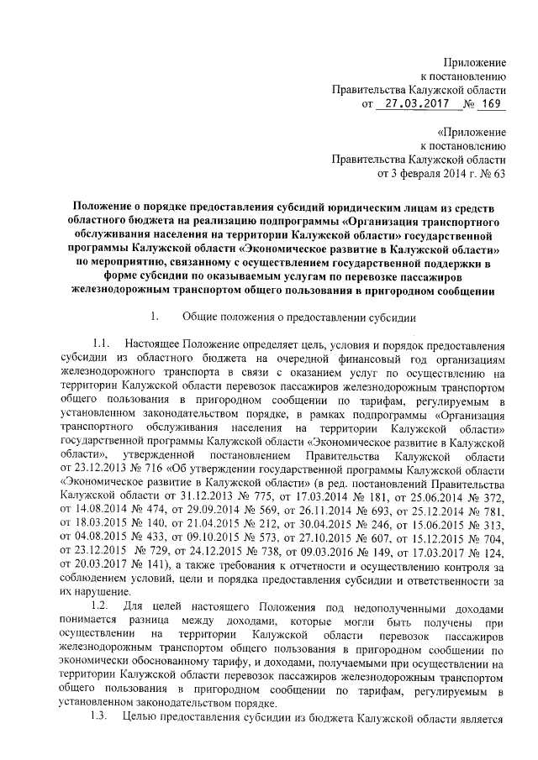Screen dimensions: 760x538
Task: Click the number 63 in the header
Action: pyautogui.click(x=498, y=174)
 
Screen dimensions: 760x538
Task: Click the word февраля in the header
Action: pyautogui.click(x=414, y=174)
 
